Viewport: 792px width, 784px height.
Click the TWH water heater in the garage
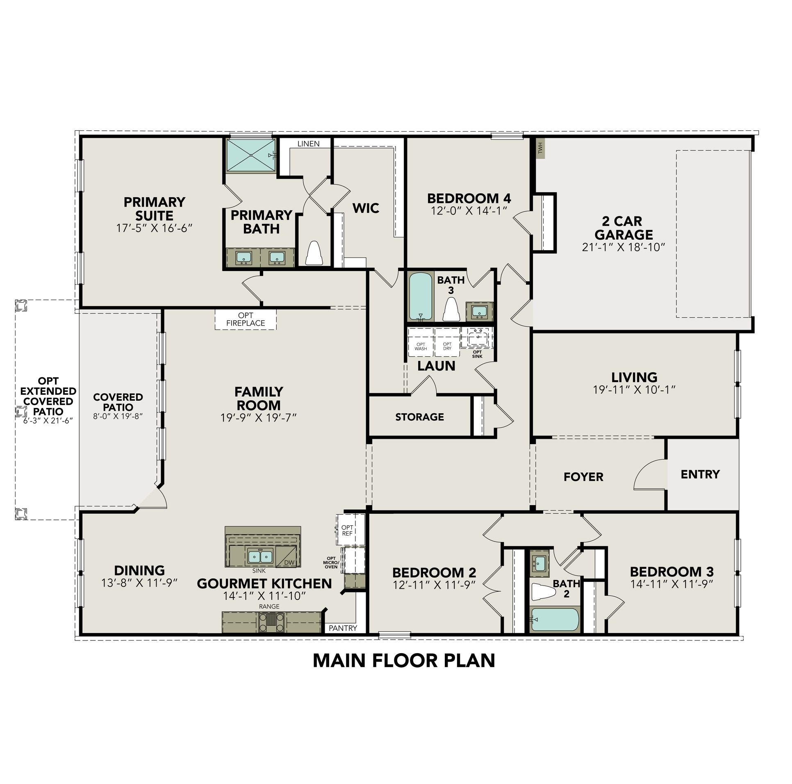(x=541, y=148)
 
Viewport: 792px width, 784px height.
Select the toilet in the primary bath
(x=314, y=253)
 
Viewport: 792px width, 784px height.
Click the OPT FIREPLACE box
(x=246, y=319)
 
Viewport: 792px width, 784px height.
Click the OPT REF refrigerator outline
(x=347, y=530)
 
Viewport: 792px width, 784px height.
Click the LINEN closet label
(x=308, y=144)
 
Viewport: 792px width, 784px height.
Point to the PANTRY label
(x=343, y=628)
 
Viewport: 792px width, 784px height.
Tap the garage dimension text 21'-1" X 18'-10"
(x=623, y=247)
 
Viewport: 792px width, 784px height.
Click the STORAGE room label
(x=419, y=417)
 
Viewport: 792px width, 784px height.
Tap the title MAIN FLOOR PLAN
(x=404, y=661)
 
